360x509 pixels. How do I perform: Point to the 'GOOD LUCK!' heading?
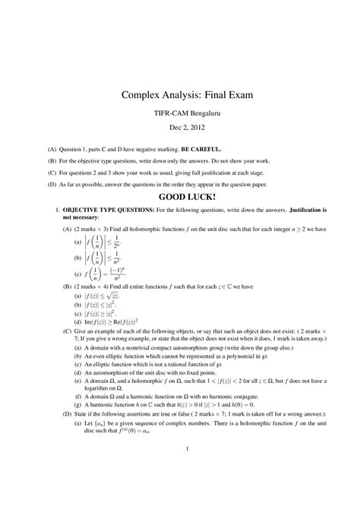pyautogui.click(x=180, y=197)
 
